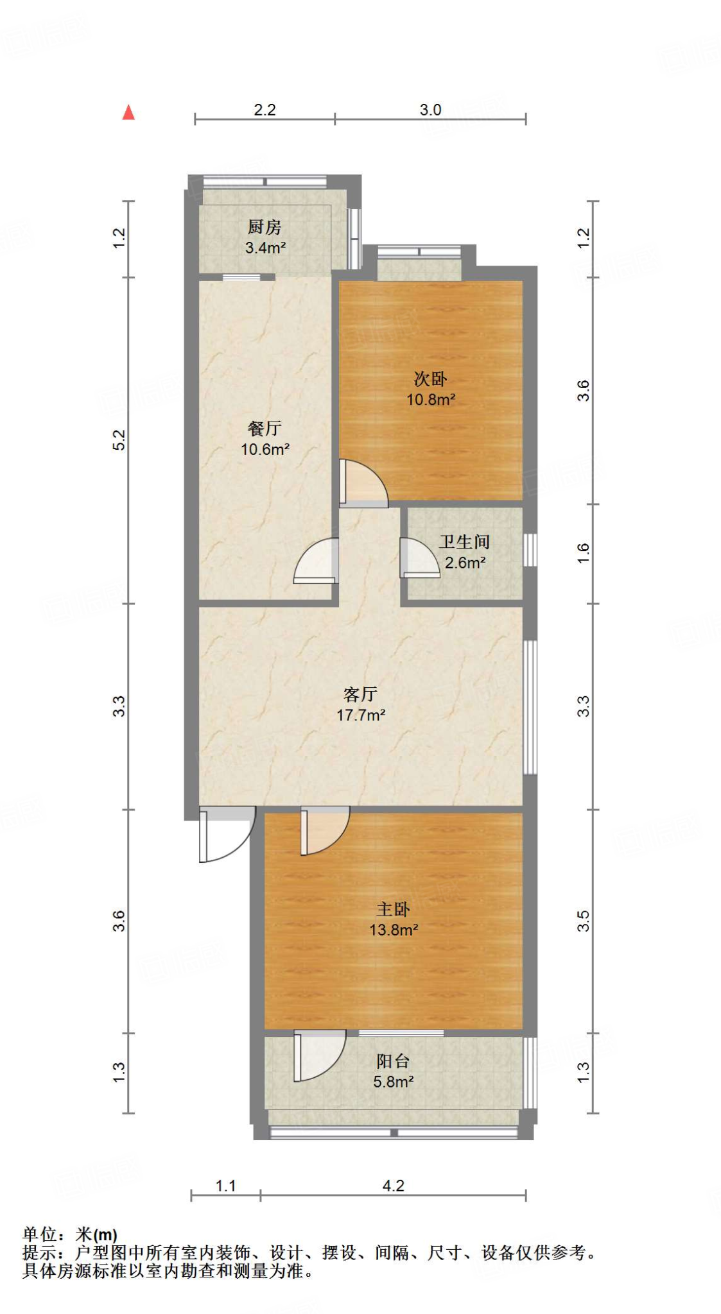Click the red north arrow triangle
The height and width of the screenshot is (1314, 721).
pos(128,113)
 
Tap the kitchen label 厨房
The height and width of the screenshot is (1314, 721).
pos(265,226)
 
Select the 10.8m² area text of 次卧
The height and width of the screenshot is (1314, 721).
pos(431,399)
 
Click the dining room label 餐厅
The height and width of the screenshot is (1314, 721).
pos(265,428)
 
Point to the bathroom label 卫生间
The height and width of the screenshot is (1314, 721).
pos(464,542)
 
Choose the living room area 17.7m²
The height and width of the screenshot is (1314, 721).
pos(361,715)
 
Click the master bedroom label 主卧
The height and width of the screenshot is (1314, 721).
pos(393,909)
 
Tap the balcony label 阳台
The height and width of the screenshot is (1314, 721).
pos(393,1061)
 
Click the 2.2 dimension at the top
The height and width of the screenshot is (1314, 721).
pos(265,110)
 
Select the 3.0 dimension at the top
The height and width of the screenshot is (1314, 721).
pos(430,110)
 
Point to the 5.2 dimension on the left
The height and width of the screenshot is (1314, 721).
pos(119,439)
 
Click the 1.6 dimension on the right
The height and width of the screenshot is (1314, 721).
pos(582,552)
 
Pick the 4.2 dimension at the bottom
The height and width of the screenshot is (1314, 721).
pos(393,1186)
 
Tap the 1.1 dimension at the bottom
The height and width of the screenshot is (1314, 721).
pos(225,1186)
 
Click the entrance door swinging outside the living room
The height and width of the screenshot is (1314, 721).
pos(225,834)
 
